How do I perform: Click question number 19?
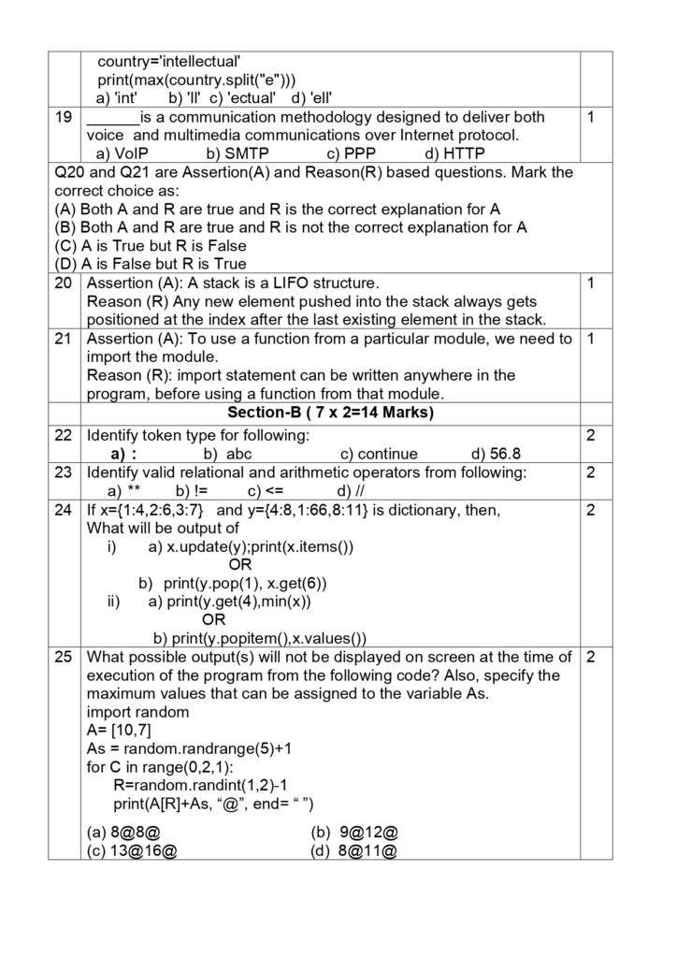[x=64, y=117]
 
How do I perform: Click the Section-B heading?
[x=329, y=413]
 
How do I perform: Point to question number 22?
[x=64, y=436]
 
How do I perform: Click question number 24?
[x=64, y=510]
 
